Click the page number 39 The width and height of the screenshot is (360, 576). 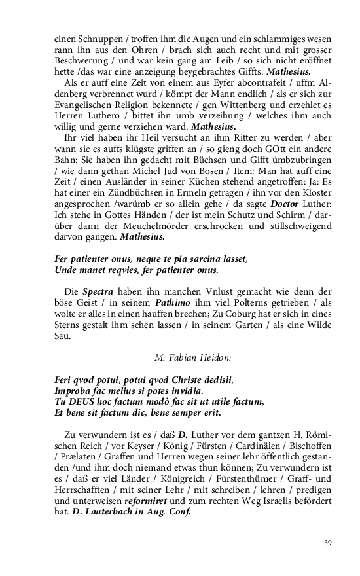pos(327,543)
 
